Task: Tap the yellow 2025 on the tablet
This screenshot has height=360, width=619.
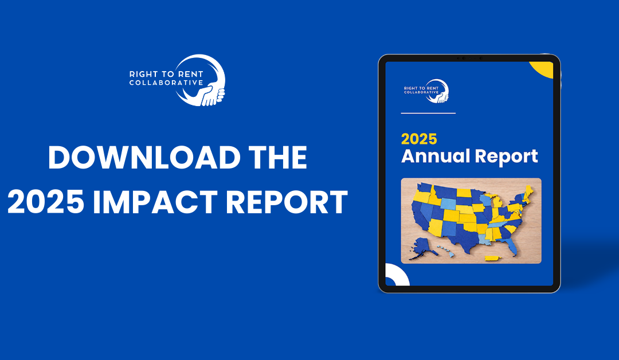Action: tap(419, 139)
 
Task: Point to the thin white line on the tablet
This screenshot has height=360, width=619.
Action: tap(428, 114)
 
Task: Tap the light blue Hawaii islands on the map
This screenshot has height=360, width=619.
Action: tap(445, 250)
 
